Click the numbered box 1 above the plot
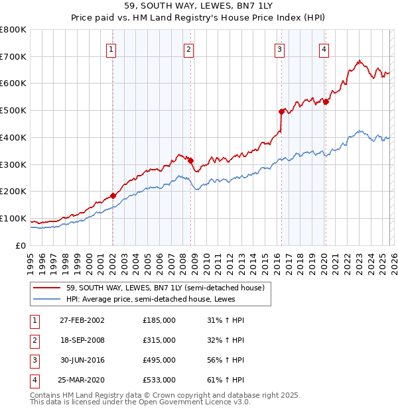111,48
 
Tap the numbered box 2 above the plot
189,48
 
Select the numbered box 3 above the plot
280,48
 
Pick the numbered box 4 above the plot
324,48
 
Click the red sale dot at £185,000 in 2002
113,196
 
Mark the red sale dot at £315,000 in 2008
190,160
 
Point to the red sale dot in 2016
281,111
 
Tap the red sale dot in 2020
326,101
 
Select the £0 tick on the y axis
21,245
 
